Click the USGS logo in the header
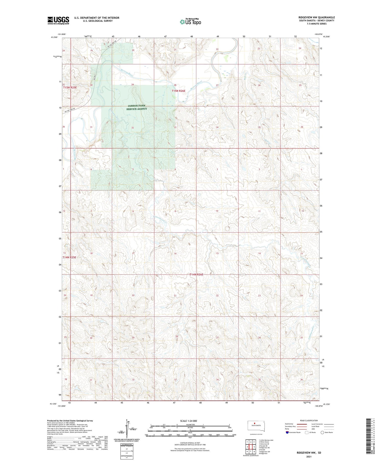[58, 20]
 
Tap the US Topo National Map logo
[190, 22]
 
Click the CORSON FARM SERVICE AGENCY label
[137, 107]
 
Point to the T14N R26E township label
[196, 274]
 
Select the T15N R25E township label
[70, 87]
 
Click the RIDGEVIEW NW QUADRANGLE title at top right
[317, 17]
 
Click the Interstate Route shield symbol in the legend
[287, 432]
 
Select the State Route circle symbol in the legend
[322, 432]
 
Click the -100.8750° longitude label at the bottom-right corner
[319, 406]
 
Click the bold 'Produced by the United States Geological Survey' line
[70, 421]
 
